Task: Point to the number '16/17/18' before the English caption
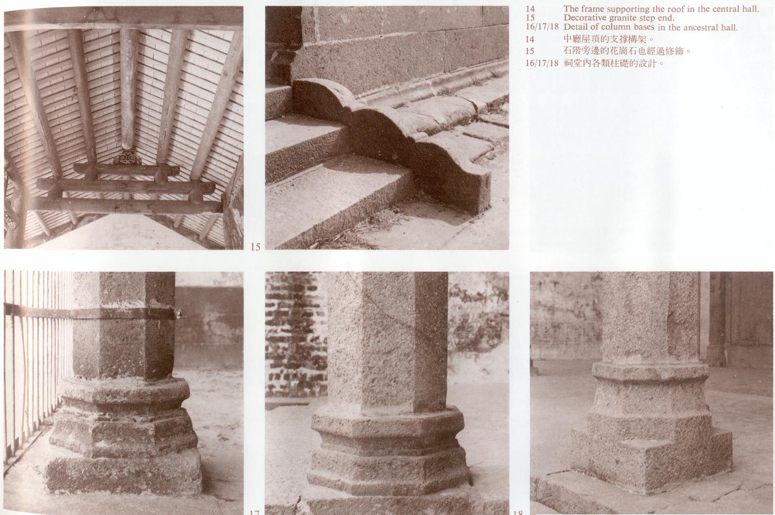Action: click(542, 27)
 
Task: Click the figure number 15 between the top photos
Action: click(255, 247)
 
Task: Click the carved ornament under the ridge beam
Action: click(128, 159)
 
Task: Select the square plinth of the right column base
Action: click(650, 457)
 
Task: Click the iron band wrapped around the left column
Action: click(94, 312)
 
